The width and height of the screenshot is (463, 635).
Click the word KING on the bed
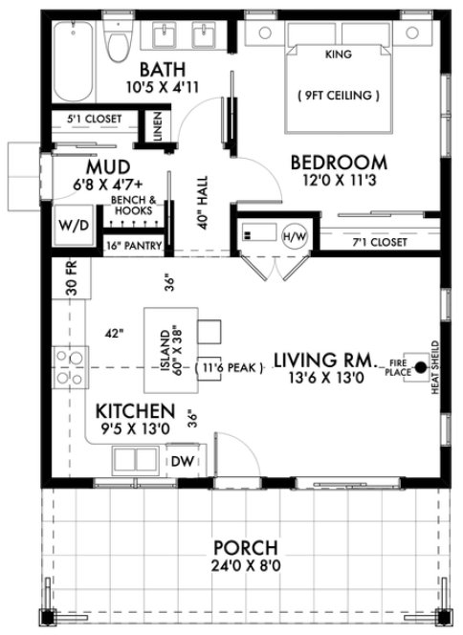pos(339,55)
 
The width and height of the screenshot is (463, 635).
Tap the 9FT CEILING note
pos(340,96)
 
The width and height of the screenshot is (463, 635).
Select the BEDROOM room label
pos(339,162)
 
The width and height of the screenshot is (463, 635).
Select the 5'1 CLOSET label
pos(89,120)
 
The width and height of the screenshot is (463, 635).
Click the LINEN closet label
pos(157,124)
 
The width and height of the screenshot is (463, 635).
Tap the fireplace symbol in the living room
pos(417,365)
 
